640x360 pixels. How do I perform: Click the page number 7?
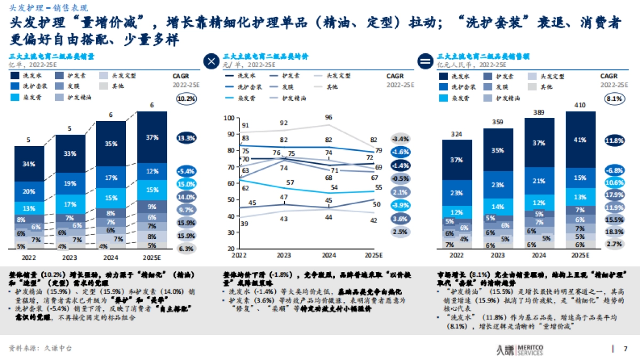click(x=626, y=349)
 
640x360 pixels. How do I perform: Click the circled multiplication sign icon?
click(x=211, y=61)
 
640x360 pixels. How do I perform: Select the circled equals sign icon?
click(x=426, y=61)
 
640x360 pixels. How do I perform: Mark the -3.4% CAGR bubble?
click(x=400, y=139)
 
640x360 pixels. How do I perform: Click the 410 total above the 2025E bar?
click(x=580, y=105)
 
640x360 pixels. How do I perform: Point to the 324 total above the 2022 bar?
click(x=457, y=133)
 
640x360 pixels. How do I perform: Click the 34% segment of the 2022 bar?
click(x=29, y=164)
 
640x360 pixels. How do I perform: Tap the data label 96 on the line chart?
click(x=329, y=117)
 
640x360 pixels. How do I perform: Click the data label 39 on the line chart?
click(x=245, y=224)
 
